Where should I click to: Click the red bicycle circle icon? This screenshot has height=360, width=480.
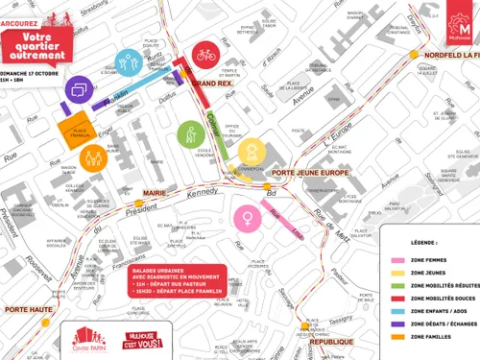pyautogui.click(x=205, y=56)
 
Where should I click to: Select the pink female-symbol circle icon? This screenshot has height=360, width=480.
pyautogui.click(x=248, y=217)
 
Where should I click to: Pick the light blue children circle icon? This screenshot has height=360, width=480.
pyautogui.click(x=129, y=63)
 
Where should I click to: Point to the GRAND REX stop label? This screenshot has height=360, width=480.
pyautogui.click(x=211, y=84)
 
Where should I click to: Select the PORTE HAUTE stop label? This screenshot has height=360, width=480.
pyautogui.click(x=28, y=309)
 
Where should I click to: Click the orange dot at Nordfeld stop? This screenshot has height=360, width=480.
pyautogui.click(x=416, y=56)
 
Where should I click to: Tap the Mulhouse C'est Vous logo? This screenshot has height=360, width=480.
pyautogui.click(x=137, y=338)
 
